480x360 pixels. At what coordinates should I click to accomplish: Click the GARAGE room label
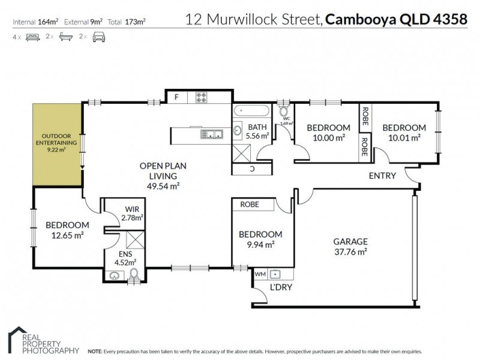click(350, 247)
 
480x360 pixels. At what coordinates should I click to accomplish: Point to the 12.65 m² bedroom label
click(67, 230)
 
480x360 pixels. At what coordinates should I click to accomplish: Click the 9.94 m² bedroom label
click(260, 239)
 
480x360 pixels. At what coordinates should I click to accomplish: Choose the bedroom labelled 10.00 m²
click(328, 133)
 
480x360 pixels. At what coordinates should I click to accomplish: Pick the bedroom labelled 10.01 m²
click(404, 133)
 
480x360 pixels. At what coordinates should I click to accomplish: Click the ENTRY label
click(382, 176)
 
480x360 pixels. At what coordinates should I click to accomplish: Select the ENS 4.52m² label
click(126, 257)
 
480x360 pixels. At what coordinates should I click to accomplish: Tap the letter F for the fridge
click(176, 97)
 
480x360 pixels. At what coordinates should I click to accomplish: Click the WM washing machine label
click(259, 274)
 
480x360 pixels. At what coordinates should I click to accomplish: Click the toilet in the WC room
click(284, 112)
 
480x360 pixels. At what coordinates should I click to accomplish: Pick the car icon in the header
click(99, 37)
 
